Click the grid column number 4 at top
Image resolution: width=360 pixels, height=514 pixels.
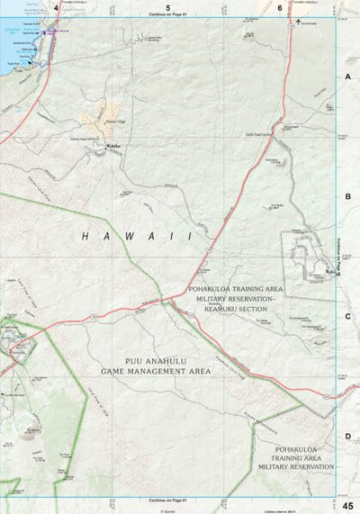[x=56, y=7]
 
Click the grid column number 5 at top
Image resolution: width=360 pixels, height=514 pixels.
[x=167, y=7]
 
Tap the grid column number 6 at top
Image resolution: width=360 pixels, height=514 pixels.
[x=280, y=7]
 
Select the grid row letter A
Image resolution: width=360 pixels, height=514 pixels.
[x=346, y=77]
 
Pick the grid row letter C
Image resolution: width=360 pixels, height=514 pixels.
[x=346, y=316]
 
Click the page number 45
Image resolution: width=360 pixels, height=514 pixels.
[x=347, y=505]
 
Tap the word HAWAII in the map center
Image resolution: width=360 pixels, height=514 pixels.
[x=137, y=236]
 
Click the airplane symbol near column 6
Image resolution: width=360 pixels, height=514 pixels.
[x=298, y=21]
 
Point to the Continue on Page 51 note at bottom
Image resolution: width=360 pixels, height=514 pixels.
[x=167, y=499]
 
